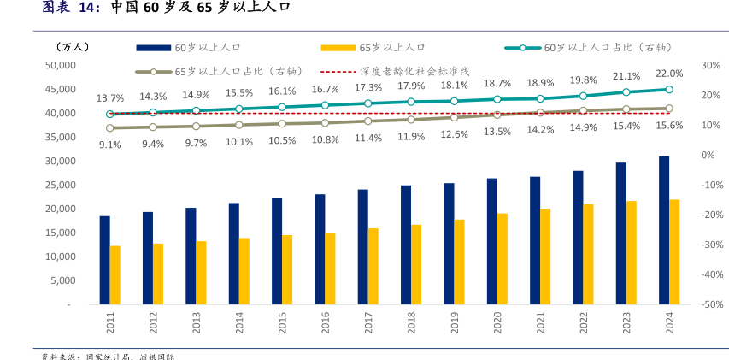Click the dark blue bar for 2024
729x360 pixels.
pyautogui.click(x=664, y=230)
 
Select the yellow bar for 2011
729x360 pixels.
pyautogui.click(x=115, y=274)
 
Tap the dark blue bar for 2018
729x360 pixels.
pyautogui.click(x=406, y=245)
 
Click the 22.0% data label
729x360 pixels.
pyautogui.click(x=669, y=74)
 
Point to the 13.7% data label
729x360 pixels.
pyautogui.click(x=110, y=98)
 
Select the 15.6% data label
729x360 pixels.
pyautogui.click(x=669, y=126)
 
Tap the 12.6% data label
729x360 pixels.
pyautogui.click(x=454, y=134)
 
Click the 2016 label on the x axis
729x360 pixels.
pyautogui.click(x=326, y=322)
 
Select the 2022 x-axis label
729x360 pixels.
pyautogui.click(x=585, y=322)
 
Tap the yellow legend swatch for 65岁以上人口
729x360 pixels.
pyautogui.click(x=338, y=48)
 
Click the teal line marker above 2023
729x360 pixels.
pyautogui.click(x=626, y=92)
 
